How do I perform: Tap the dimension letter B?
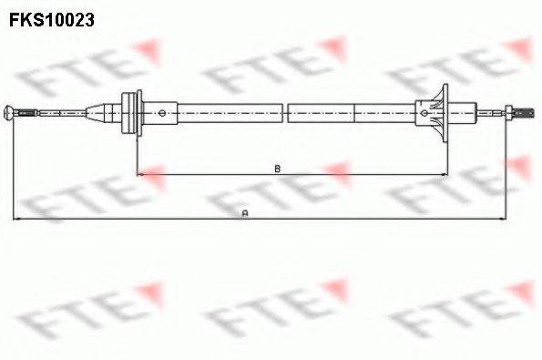click(x=276, y=168)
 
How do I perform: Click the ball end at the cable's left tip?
click(x=11, y=113)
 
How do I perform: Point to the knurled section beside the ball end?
click(x=27, y=113)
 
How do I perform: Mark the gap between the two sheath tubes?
click(x=285, y=113)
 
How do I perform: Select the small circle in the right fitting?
click(x=424, y=113)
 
